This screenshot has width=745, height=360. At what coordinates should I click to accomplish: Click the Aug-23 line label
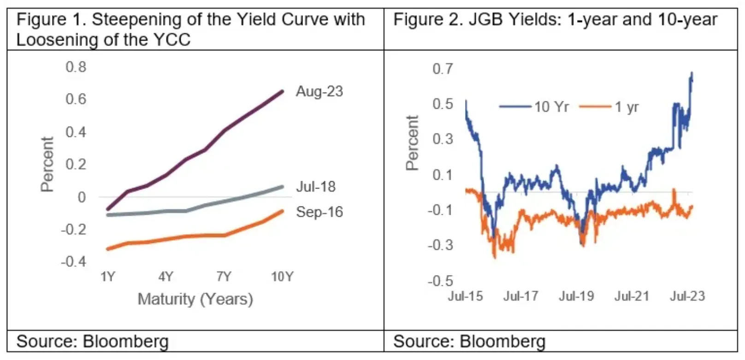(319, 91)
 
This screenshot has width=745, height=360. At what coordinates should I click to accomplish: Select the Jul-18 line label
(315, 187)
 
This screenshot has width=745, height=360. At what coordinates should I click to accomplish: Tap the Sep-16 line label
(319, 212)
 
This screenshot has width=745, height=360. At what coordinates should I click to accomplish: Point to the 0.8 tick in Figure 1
(76, 67)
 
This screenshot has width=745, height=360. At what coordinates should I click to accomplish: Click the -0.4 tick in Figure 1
(74, 262)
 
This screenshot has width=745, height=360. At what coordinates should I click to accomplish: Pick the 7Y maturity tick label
(224, 277)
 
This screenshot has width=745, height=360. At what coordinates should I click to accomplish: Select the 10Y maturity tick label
(282, 277)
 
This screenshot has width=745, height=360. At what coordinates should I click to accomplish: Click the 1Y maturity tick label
(107, 277)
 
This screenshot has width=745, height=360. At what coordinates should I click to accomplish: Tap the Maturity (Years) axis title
(195, 299)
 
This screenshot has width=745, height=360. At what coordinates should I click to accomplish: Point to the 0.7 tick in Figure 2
(443, 69)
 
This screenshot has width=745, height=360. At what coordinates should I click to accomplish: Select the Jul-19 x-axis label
(576, 296)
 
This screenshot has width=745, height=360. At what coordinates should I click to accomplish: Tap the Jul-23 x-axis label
(687, 296)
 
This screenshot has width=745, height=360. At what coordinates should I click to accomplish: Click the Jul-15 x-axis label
(465, 296)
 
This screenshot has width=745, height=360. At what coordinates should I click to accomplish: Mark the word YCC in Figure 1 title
(173, 40)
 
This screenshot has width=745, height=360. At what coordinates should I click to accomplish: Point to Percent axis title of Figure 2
(412, 143)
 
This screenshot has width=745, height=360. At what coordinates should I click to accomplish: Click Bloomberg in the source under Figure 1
(125, 342)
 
